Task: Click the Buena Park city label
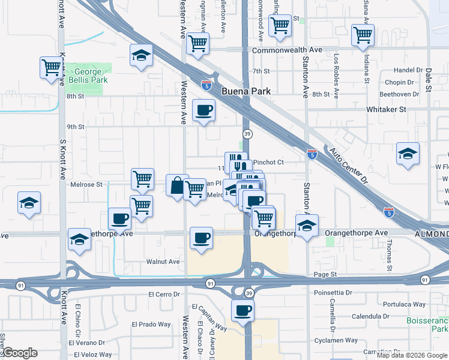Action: click(x=246, y=92)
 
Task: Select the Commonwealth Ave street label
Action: click(x=287, y=50)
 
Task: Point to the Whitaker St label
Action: click(x=387, y=110)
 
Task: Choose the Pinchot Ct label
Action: click(x=268, y=162)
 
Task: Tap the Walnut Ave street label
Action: click(x=163, y=262)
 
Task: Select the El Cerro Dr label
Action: click(x=164, y=295)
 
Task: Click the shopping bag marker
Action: click(x=177, y=185)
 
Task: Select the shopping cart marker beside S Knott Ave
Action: click(x=52, y=67)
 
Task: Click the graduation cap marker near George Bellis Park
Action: click(x=141, y=56)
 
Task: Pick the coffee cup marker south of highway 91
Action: click(x=243, y=310)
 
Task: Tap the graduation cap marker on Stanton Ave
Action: click(x=307, y=227)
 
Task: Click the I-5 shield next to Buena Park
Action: click(x=206, y=85)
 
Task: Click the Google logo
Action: click(x=20, y=353)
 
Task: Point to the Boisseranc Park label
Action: click(x=431, y=326)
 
